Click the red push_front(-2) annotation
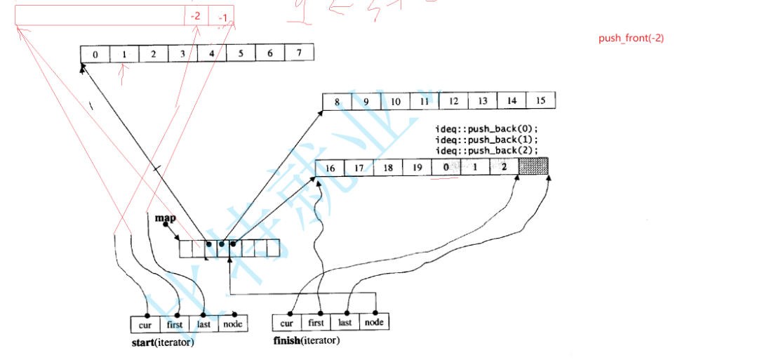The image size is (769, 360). click(631, 38)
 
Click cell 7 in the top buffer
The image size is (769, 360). click(299, 53)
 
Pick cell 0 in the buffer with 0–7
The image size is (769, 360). click(95, 54)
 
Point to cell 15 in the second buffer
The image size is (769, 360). click(540, 100)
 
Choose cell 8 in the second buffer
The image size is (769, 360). click(337, 102)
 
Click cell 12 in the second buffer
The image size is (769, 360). click(453, 101)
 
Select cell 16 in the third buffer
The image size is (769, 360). click(330, 168)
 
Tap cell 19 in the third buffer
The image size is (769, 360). click(417, 168)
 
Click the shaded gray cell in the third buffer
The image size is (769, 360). click(533, 167)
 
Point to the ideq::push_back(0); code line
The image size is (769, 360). click(486, 130)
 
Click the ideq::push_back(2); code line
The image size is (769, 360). click(486, 150)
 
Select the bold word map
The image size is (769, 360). click(165, 218)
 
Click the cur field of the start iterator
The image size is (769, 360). click(145, 325)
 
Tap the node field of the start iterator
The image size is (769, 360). click(232, 324)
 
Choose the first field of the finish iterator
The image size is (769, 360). click(316, 323)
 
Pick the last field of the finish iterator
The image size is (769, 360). click(345, 323)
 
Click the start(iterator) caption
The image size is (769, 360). click(162, 343)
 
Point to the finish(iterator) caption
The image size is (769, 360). click(306, 341)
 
